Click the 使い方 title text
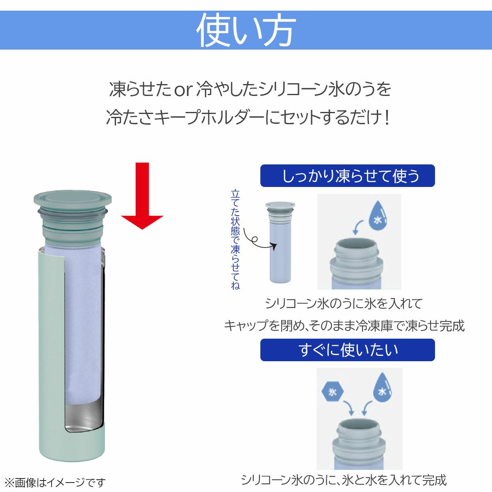point(246,30)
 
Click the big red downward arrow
point(142,196)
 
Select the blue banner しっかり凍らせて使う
point(348,175)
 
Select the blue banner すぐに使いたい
point(348,350)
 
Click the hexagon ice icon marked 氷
point(333,392)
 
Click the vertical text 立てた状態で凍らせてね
point(235,239)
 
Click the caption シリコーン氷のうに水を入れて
point(344,304)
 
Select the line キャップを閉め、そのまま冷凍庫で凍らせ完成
point(344,326)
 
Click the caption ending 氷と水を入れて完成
point(344,480)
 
